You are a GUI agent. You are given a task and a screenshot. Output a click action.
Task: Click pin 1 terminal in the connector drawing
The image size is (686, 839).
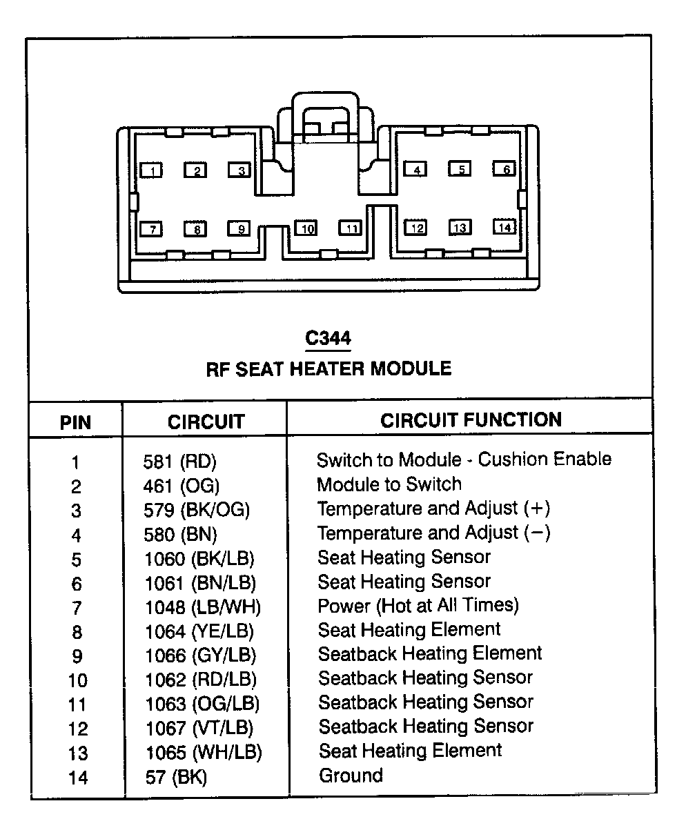click(151, 170)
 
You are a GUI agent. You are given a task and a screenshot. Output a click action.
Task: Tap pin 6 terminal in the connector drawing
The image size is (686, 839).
click(504, 168)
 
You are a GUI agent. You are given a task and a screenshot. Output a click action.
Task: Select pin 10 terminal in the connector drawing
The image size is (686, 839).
click(306, 228)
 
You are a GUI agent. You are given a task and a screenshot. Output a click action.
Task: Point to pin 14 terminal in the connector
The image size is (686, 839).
click(504, 227)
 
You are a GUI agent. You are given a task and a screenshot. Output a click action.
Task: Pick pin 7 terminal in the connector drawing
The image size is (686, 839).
click(151, 229)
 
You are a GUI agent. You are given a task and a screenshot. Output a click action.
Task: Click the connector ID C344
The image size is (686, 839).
click(328, 338)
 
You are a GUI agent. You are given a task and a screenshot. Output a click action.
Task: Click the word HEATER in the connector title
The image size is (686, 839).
click(326, 368)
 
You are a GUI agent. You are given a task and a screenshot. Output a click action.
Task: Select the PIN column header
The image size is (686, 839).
click(75, 422)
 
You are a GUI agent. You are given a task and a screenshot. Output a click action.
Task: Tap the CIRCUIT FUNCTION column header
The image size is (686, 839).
click(471, 420)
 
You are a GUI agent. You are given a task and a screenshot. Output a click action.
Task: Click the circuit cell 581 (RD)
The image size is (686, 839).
click(180, 462)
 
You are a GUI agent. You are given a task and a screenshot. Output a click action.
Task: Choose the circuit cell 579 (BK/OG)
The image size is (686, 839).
click(197, 510)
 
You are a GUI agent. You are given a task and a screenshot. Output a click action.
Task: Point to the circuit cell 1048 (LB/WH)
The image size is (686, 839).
click(203, 607)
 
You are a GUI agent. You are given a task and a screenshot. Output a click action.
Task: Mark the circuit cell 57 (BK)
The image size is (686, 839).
click(176, 777)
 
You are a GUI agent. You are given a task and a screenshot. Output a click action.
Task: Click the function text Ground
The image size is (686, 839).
click(351, 776)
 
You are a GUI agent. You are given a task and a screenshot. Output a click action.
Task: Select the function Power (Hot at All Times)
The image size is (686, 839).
click(418, 606)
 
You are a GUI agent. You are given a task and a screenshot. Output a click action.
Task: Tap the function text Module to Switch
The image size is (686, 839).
click(389, 484)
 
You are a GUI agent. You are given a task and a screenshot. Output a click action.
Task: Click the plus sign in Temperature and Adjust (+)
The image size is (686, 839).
click(537, 509)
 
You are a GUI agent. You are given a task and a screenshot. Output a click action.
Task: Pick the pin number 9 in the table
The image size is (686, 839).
click(77, 656)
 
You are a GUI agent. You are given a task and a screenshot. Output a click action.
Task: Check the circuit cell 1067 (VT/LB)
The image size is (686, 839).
click(199, 729)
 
